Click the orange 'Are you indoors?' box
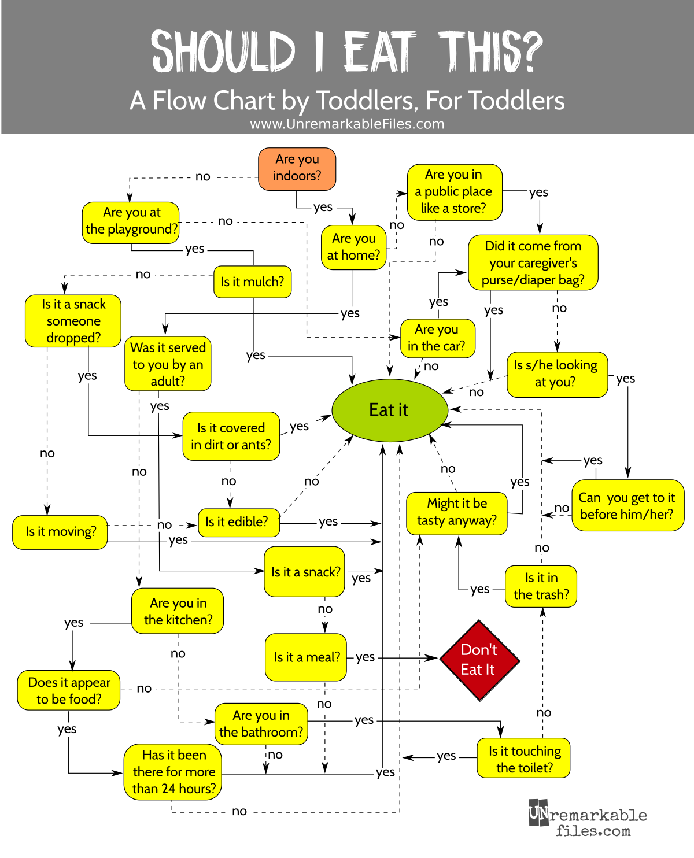297,169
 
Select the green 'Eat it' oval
389,410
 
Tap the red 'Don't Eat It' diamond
479,660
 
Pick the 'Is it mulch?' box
252,282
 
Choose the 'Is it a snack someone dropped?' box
73,321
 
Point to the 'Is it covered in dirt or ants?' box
231,437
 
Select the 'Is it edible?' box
238,522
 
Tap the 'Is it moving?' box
61,532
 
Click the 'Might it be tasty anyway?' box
457,512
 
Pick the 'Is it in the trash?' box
541,586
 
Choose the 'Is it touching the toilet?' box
524,759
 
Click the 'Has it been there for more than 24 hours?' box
173,772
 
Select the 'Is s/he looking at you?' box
556,374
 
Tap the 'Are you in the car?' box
437,338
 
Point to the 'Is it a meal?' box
306,657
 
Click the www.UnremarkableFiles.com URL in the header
347,124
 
